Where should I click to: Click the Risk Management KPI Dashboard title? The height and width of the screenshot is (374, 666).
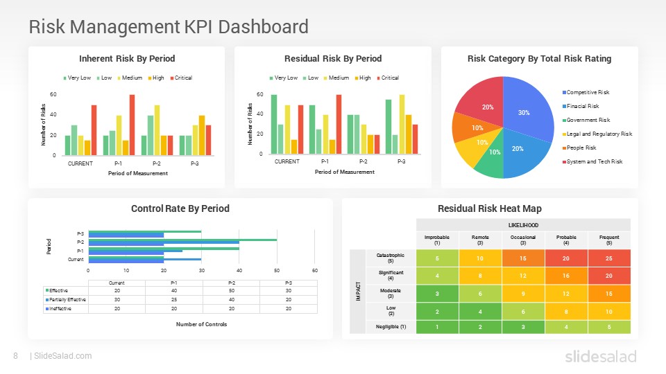pos(169,26)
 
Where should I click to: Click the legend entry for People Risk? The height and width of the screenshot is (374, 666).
pos(581,148)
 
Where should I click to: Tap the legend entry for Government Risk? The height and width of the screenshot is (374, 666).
pos(588,120)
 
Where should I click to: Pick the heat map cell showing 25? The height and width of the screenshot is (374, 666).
pos(609,258)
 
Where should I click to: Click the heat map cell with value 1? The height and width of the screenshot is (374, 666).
pos(437,326)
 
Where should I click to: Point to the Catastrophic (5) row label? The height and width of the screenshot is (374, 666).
pos(391,258)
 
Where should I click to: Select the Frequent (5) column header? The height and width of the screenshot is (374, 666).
pos(609,240)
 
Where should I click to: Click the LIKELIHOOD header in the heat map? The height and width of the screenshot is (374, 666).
pos(523,224)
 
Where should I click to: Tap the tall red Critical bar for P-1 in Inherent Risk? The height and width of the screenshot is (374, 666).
pos(132,125)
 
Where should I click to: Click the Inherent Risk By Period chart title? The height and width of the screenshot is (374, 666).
pos(127,58)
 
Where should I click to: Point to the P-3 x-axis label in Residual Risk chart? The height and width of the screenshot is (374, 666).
pos(401,161)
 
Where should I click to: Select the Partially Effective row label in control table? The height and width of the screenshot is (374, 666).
pos(67,299)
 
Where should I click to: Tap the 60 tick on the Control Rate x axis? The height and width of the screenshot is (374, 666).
pos(315,270)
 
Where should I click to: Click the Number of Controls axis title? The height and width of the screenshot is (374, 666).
pos(202,324)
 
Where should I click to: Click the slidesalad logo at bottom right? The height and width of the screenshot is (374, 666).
pos(599,356)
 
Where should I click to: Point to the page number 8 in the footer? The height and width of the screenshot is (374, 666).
pos(15,356)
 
